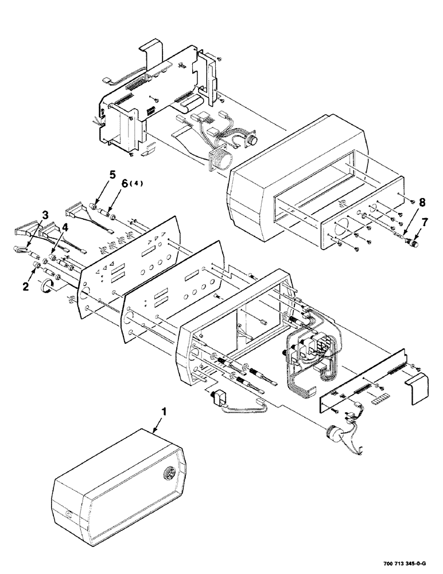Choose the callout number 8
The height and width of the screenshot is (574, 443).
[x=422, y=202]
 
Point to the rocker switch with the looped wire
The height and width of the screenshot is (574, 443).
[x=220, y=397]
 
